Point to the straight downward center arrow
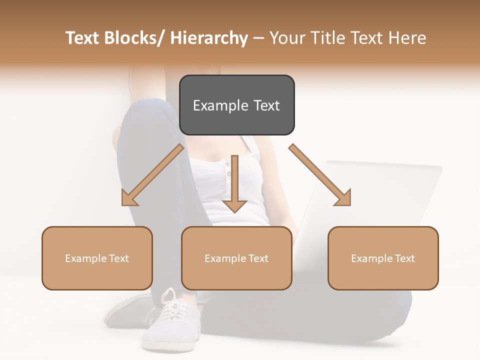[234, 185]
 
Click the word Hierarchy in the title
[208, 38]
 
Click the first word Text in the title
[83, 38]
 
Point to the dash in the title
[258, 38]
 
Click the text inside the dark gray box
[236, 105]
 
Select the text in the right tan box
[383, 258]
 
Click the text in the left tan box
[97, 258]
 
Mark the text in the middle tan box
[236, 258]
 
